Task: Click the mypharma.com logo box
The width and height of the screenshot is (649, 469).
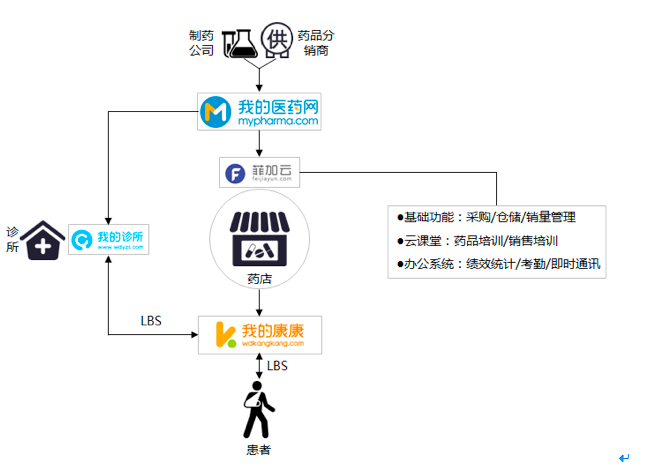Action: click(261, 111)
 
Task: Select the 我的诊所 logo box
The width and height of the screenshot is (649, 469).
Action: click(109, 238)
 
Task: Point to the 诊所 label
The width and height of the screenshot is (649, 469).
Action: click(12, 240)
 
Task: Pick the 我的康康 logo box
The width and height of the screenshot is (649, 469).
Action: click(261, 334)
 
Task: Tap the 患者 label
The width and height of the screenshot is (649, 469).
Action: click(258, 449)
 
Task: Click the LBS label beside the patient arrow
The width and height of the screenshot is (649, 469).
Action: click(277, 366)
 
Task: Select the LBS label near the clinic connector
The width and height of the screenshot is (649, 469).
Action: click(151, 321)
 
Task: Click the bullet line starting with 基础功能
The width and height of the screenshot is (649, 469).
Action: click(486, 217)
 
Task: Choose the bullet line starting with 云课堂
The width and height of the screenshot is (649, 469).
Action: click(478, 241)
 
